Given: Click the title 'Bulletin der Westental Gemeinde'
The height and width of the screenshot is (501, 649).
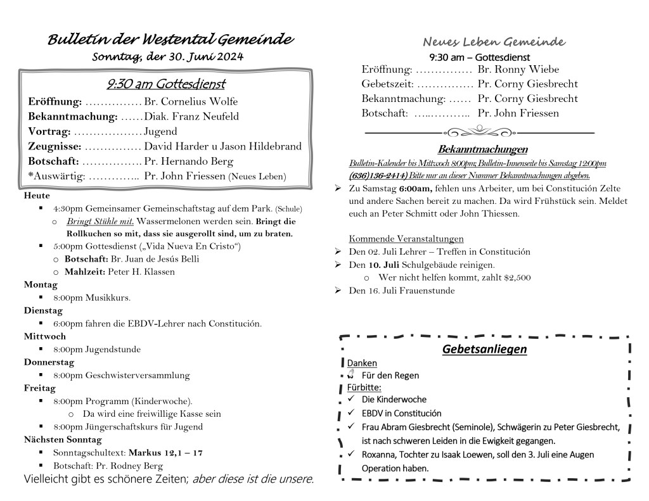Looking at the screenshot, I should (170, 40).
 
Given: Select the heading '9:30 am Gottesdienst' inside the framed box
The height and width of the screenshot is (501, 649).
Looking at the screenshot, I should (166, 84).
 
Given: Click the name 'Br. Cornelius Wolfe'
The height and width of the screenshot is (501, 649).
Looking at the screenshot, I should (191, 101).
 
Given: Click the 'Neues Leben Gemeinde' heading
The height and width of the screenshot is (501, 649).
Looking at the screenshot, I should (494, 42).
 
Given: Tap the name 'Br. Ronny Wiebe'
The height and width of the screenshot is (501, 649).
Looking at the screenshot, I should (518, 70).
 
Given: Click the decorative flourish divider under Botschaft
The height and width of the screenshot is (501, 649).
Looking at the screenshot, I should (480, 132).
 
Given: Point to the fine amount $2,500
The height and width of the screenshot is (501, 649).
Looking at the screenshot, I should (517, 277).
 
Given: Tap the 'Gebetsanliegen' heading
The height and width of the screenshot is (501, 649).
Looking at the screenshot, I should (485, 350).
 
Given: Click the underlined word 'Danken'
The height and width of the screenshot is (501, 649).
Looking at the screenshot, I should (362, 363).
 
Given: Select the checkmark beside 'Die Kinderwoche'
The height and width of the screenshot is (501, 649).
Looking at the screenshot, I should (350, 399).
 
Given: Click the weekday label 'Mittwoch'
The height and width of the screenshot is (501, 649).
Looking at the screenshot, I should (45, 336).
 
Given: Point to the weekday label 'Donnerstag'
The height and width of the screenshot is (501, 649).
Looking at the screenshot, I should (49, 362).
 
